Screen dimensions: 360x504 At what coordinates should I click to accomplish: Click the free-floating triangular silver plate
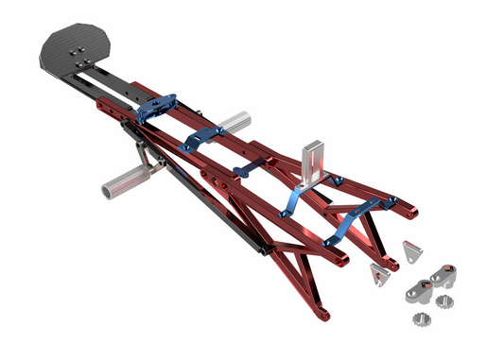(x=411, y=251)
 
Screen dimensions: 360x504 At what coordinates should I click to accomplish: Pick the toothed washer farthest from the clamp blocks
(x=419, y=317)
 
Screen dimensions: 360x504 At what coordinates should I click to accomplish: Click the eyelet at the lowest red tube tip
(x=324, y=312)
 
